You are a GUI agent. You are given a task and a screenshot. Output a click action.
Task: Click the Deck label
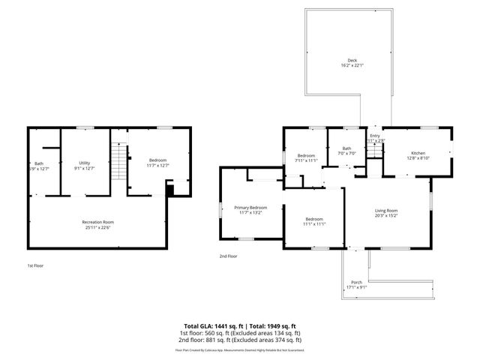tap(352, 61)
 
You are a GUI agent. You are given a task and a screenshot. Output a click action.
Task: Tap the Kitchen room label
tap(417, 152)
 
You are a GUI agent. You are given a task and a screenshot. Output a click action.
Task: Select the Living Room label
tap(386, 211)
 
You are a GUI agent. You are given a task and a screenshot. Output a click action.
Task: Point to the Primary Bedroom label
tap(250, 207)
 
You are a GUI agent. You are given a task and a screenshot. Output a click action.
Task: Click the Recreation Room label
tap(97, 222)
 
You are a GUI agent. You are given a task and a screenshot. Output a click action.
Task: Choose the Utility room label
tap(85, 162)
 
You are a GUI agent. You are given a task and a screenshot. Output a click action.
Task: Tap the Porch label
tap(356, 282)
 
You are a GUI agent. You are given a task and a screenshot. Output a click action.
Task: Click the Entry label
tap(374, 135)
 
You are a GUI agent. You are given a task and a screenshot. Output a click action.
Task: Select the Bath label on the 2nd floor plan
tap(346, 148)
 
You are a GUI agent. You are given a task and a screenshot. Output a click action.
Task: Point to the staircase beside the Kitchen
tap(373, 153)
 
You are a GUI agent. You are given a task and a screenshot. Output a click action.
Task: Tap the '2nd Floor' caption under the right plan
tap(228, 256)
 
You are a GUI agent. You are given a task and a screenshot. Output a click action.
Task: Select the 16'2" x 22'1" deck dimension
tap(352, 66)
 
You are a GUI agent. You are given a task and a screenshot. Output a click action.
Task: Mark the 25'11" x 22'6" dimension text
tap(97, 227)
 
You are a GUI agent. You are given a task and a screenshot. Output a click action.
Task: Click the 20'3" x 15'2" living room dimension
tap(386, 216)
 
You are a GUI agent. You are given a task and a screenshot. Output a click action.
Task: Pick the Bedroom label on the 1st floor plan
tap(157, 160)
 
